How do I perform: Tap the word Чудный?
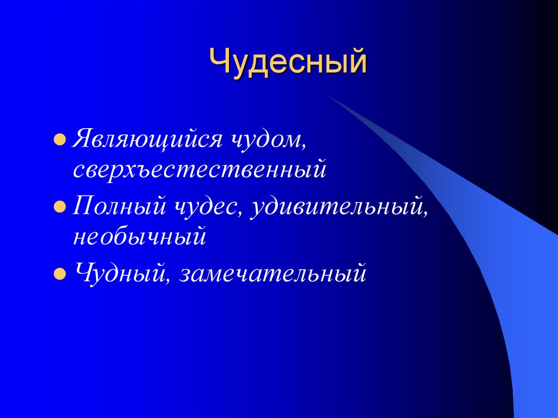point(121,273)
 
